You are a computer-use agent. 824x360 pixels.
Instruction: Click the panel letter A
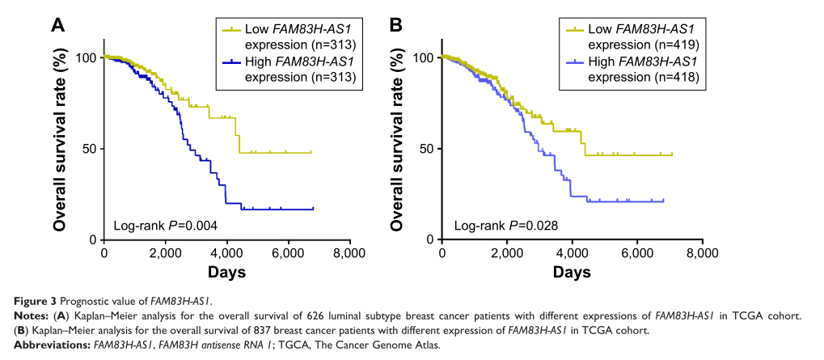[x=57, y=25]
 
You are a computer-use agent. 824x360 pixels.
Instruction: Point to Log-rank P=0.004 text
[x=165, y=225]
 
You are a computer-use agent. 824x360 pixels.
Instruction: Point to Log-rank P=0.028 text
[x=505, y=225]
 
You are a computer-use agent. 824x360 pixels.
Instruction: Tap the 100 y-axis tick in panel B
[x=424, y=57]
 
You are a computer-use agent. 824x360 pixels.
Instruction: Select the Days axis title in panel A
[x=227, y=273]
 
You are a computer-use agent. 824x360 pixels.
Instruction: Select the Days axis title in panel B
[x=572, y=273]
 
